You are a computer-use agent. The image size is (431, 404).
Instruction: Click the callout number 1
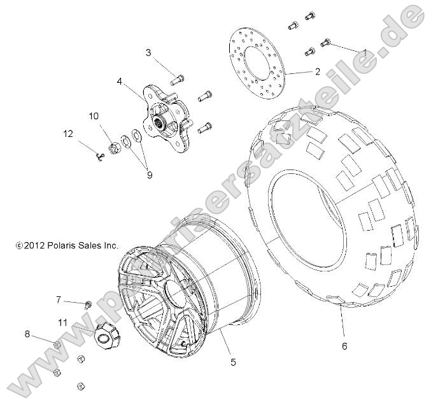pyautogui.click(x=364, y=52)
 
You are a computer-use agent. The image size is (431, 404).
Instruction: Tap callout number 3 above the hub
pyautogui.click(x=148, y=52)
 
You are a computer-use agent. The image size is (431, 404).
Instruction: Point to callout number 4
pyautogui.click(x=119, y=81)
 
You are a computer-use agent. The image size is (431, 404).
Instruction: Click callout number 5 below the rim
pyautogui.click(x=233, y=362)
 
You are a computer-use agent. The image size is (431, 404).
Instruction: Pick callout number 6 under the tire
pyautogui.click(x=344, y=347)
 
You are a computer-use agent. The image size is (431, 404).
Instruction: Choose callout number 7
pyautogui.click(x=58, y=299)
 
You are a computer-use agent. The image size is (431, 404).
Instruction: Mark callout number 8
pyautogui.click(x=27, y=333)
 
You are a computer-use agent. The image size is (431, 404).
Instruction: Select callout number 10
pyautogui.click(x=94, y=116)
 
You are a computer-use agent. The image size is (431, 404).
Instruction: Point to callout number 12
pyautogui.click(x=67, y=133)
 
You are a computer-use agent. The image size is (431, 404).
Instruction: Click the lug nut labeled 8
pyautogui.click(x=56, y=345)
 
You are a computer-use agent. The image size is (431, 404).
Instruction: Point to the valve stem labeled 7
pyautogui.click(x=88, y=303)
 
